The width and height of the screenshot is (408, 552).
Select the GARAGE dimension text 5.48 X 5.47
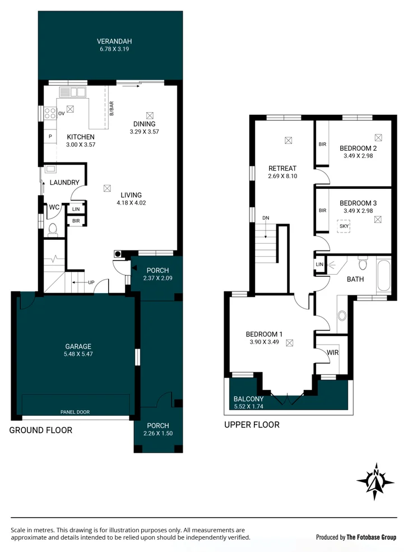(77, 354)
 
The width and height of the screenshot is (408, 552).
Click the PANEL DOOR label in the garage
(75, 412)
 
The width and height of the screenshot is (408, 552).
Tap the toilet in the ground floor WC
(53, 229)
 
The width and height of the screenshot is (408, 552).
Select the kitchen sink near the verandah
(72, 92)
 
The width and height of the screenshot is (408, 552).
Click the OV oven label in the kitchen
(62, 113)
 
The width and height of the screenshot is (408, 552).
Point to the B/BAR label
(111, 108)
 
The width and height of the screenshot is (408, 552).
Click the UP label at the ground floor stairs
(90, 282)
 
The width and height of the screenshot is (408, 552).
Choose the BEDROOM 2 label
(358, 148)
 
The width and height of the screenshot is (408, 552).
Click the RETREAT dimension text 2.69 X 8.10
(282, 176)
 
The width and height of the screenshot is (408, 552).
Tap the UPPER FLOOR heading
(252, 425)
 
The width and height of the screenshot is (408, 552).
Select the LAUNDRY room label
(64, 182)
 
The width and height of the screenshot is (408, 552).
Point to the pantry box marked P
(50, 136)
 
